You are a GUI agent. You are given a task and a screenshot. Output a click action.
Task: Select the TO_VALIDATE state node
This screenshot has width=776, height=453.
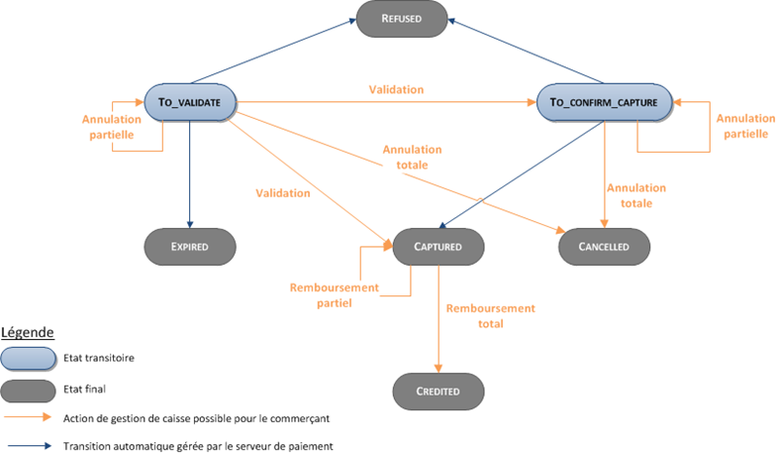[x=189, y=101]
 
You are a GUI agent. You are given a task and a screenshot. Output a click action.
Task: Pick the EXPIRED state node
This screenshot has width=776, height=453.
[x=189, y=245]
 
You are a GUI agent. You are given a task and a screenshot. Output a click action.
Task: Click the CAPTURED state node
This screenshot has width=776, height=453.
[x=436, y=244]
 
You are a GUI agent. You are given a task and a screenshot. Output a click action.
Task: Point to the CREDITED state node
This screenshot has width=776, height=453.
[x=436, y=391]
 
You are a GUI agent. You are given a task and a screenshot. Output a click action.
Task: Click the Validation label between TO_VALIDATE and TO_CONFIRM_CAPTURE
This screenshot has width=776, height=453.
[x=396, y=89]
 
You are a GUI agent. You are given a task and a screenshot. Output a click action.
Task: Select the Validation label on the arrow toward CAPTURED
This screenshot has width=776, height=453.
[x=283, y=193]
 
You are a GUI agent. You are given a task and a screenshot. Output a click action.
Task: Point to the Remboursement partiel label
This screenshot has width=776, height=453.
[x=335, y=295]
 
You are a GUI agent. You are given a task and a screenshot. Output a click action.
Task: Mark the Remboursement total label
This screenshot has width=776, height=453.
[x=490, y=315]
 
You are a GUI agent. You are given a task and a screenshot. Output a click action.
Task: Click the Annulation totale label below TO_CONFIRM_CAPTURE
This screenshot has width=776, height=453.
[x=636, y=194]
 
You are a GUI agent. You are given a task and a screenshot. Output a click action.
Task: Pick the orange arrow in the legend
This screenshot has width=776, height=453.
[x=27, y=419]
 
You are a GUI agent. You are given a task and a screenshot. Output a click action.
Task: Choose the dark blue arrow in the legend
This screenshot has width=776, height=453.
[x=27, y=446]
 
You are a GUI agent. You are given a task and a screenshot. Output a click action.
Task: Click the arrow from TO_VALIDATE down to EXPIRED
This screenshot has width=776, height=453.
[x=189, y=169]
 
